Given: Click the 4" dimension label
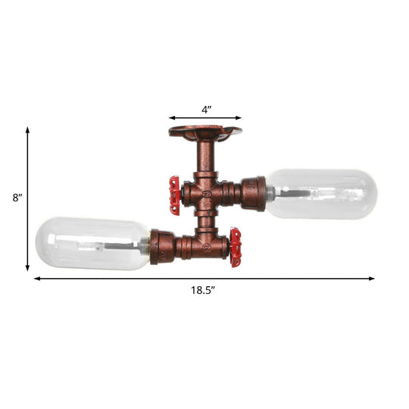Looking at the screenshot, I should [206, 109].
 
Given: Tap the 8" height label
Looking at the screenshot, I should [17, 198].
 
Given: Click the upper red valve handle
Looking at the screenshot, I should [175, 193].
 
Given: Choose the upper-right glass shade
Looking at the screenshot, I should [322, 194].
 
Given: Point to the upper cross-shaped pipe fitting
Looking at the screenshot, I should [205, 194].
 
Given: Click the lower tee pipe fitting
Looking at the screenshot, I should [205, 244].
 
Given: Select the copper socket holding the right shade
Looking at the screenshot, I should [253, 193].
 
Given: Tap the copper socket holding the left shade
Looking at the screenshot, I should [161, 246].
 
